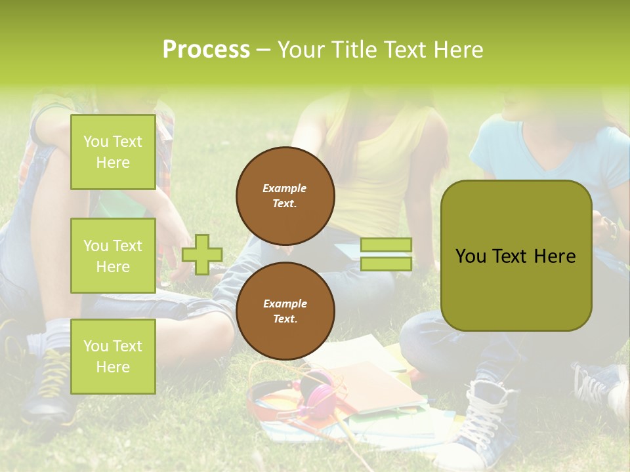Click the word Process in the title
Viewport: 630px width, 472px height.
pyautogui.click(x=206, y=50)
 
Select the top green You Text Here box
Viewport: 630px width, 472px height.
pyautogui.click(x=113, y=152)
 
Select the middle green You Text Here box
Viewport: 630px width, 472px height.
pyautogui.click(x=113, y=256)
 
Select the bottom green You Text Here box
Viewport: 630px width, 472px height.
pyautogui.click(x=113, y=356)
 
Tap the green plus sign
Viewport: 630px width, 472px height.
pyautogui.click(x=202, y=254)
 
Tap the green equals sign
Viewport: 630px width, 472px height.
pyautogui.click(x=386, y=254)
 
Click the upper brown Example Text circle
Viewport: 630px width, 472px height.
pyautogui.click(x=285, y=196)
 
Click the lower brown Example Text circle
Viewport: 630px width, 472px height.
pyautogui.click(x=285, y=311)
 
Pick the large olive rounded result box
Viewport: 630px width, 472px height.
pyautogui.click(x=516, y=256)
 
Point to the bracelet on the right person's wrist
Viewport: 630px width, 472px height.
pyautogui.click(x=612, y=229)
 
